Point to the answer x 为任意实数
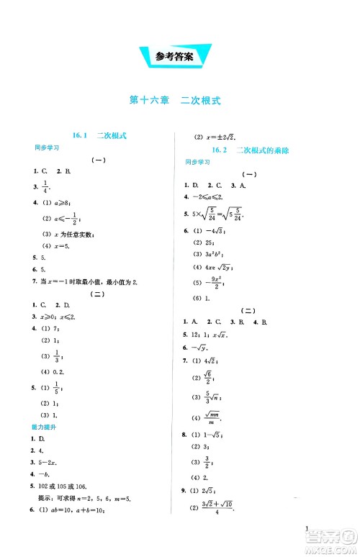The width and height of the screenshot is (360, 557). tap(67, 233)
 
